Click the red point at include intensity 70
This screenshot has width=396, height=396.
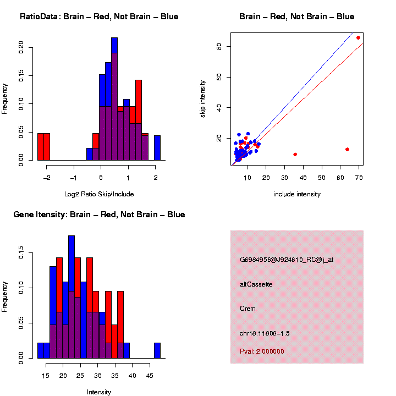tap(358, 37)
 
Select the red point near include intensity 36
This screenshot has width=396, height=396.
tap(295, 155)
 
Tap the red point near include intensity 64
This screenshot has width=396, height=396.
tap(347, 150)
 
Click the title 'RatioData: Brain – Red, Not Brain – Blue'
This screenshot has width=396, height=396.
tap(99, 16)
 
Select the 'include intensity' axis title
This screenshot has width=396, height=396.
tap(296, 194)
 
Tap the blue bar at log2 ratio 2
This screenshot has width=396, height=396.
tap(157, 147)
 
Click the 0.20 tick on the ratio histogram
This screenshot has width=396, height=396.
tap(21, 47)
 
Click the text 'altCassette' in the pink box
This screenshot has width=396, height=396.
tap(256, 284)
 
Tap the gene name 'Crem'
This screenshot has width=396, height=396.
tap(248, 309)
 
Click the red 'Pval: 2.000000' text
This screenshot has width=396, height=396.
tap(262, 351)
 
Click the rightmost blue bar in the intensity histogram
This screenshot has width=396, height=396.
tap(157, 350)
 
